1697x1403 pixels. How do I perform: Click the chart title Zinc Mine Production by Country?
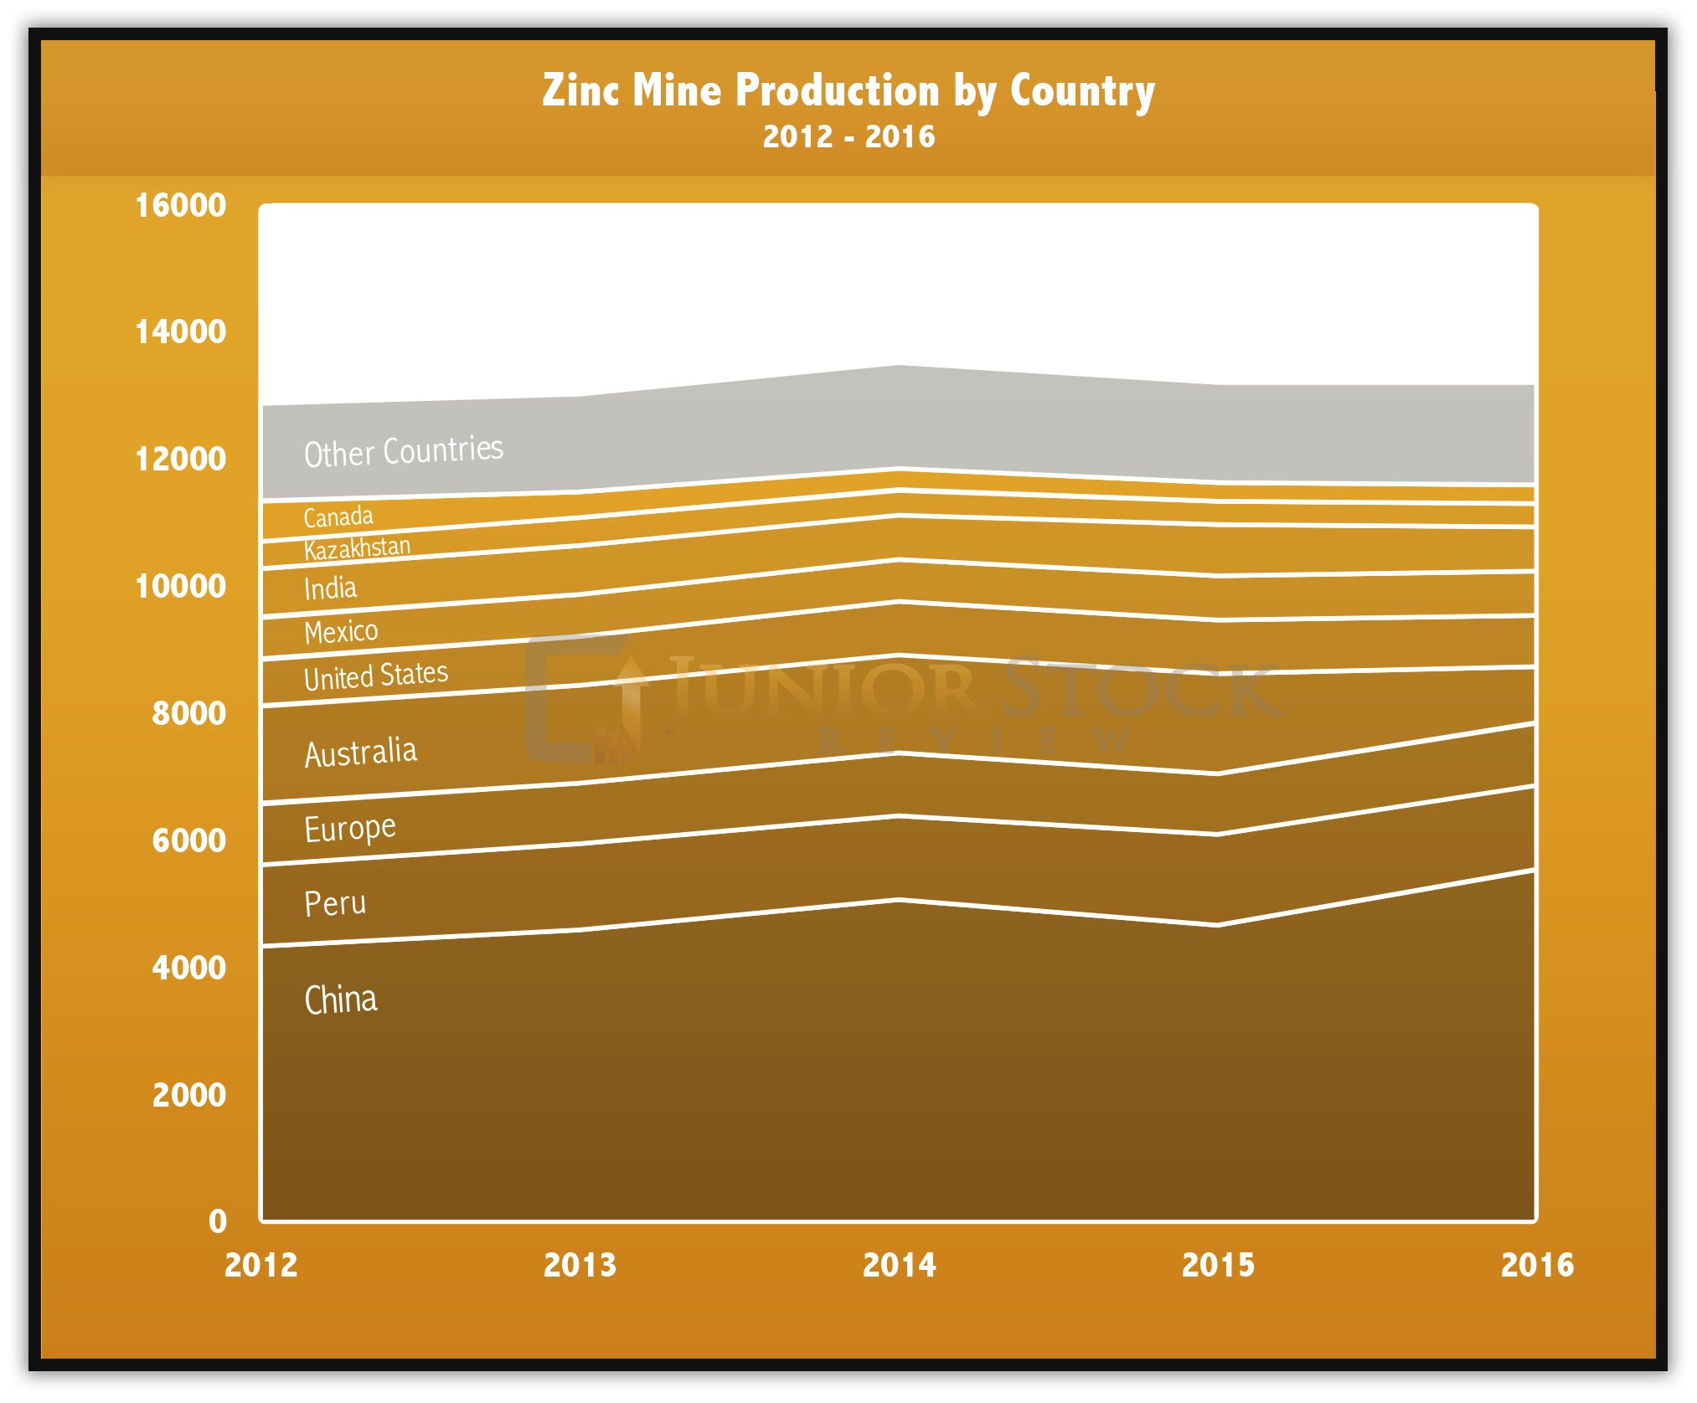coord(848,90)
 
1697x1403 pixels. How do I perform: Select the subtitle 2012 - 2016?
coord(848,136)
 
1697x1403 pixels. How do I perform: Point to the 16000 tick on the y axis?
coord(180,205)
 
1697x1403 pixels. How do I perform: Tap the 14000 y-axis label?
coord(180,332)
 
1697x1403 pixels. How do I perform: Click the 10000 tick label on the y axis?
coord(180,586)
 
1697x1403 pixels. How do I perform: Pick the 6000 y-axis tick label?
coord(188,840)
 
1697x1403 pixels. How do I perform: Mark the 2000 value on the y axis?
coord(188,1095)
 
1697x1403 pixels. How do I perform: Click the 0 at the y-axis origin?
coord(218,1221)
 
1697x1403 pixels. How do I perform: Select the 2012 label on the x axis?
coord(260,1265)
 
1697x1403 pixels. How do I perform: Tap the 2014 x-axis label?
coord(899,1265)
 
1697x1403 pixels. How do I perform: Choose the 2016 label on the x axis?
coord(1536,1265)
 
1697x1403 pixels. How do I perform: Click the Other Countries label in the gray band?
coord(403,451)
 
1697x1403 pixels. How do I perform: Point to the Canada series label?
coord(338,516)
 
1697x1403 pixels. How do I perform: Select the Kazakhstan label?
coord(357,549)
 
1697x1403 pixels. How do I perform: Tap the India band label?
coord(330,588)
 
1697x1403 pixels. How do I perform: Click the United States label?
coord(375,676)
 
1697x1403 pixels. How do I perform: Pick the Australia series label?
coord(360,753)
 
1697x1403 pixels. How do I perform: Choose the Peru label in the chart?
coord(334,903)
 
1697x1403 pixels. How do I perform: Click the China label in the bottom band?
coord(340,1000)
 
